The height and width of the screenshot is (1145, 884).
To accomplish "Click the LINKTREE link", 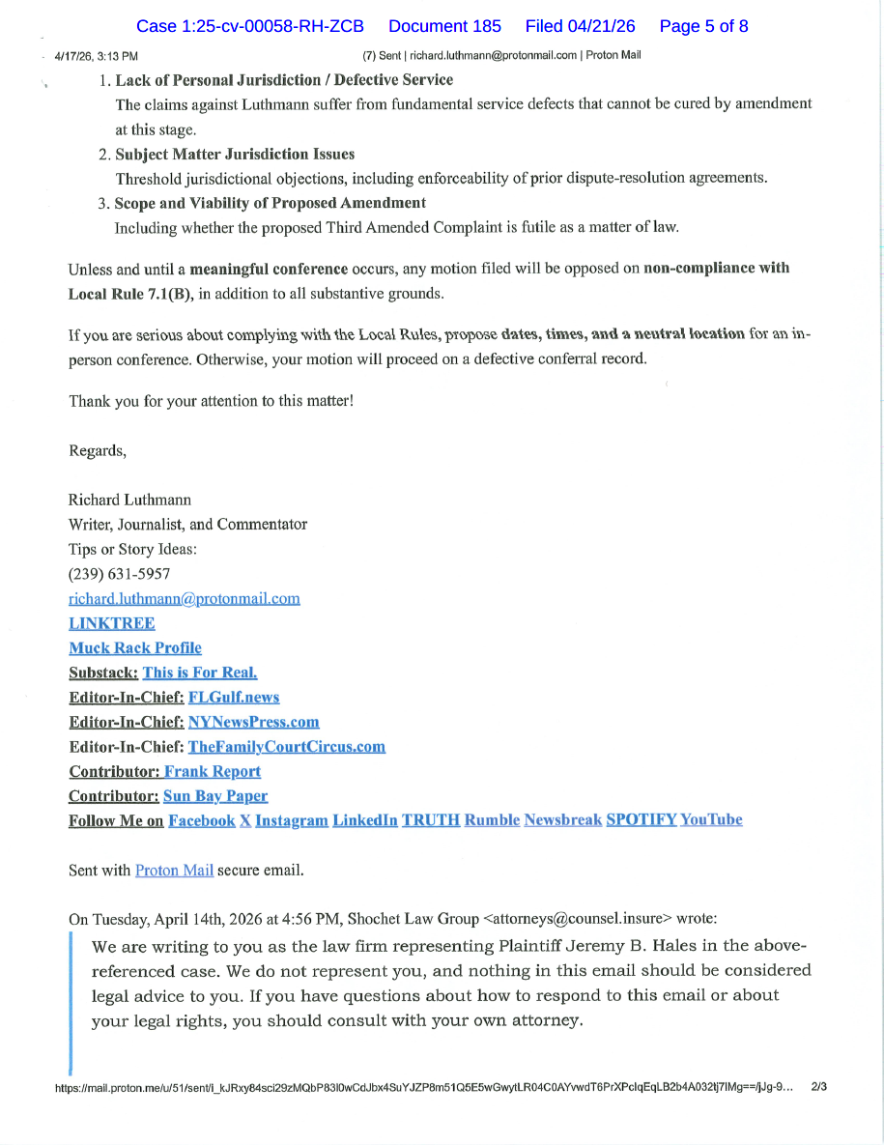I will pyautogui.click(x=111, y=623).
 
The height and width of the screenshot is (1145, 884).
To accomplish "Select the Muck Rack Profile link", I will pyautogui.click(x=135, y=647).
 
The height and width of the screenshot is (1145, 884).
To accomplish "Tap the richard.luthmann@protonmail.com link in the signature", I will pyautogui.click(x=184, y=598).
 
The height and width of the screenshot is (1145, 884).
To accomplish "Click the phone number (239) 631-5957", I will pyautogui.click(x=119, y=574).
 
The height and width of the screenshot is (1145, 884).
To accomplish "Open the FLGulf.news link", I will pyautogui.click(x=234, y=697).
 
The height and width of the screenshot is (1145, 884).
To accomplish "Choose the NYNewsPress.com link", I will pyautogui.click(x=253, y=722).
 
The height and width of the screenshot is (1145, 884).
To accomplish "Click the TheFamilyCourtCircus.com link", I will pyautogui.click(x=286, y=746).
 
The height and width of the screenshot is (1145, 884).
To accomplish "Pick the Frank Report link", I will pyautogui.click(x=212, y=771).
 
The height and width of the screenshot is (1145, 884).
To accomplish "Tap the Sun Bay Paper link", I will pyautogui.click(x=215, y=795).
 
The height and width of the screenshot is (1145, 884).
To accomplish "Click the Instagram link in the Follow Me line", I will pyautogui.click(x=291, y=819).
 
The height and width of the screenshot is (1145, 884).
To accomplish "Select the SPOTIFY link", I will pyautogui.click(x=641, y=819).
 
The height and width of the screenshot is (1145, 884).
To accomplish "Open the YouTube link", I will pyautogui.click(x=711, y=819).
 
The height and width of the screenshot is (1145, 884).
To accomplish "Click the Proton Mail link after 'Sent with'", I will pyautogui.click(x=174, y=870).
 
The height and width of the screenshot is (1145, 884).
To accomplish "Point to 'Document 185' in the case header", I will pyautogui.click(x=443, y=26).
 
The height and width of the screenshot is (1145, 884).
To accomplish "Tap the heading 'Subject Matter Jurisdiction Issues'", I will pyautogui.click(x=235, y=154).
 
